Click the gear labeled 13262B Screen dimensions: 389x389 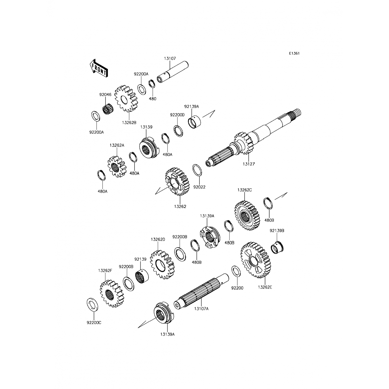126,99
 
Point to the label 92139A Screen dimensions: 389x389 192,106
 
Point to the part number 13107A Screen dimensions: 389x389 202,309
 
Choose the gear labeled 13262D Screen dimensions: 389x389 162,265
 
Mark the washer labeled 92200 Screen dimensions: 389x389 235,272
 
